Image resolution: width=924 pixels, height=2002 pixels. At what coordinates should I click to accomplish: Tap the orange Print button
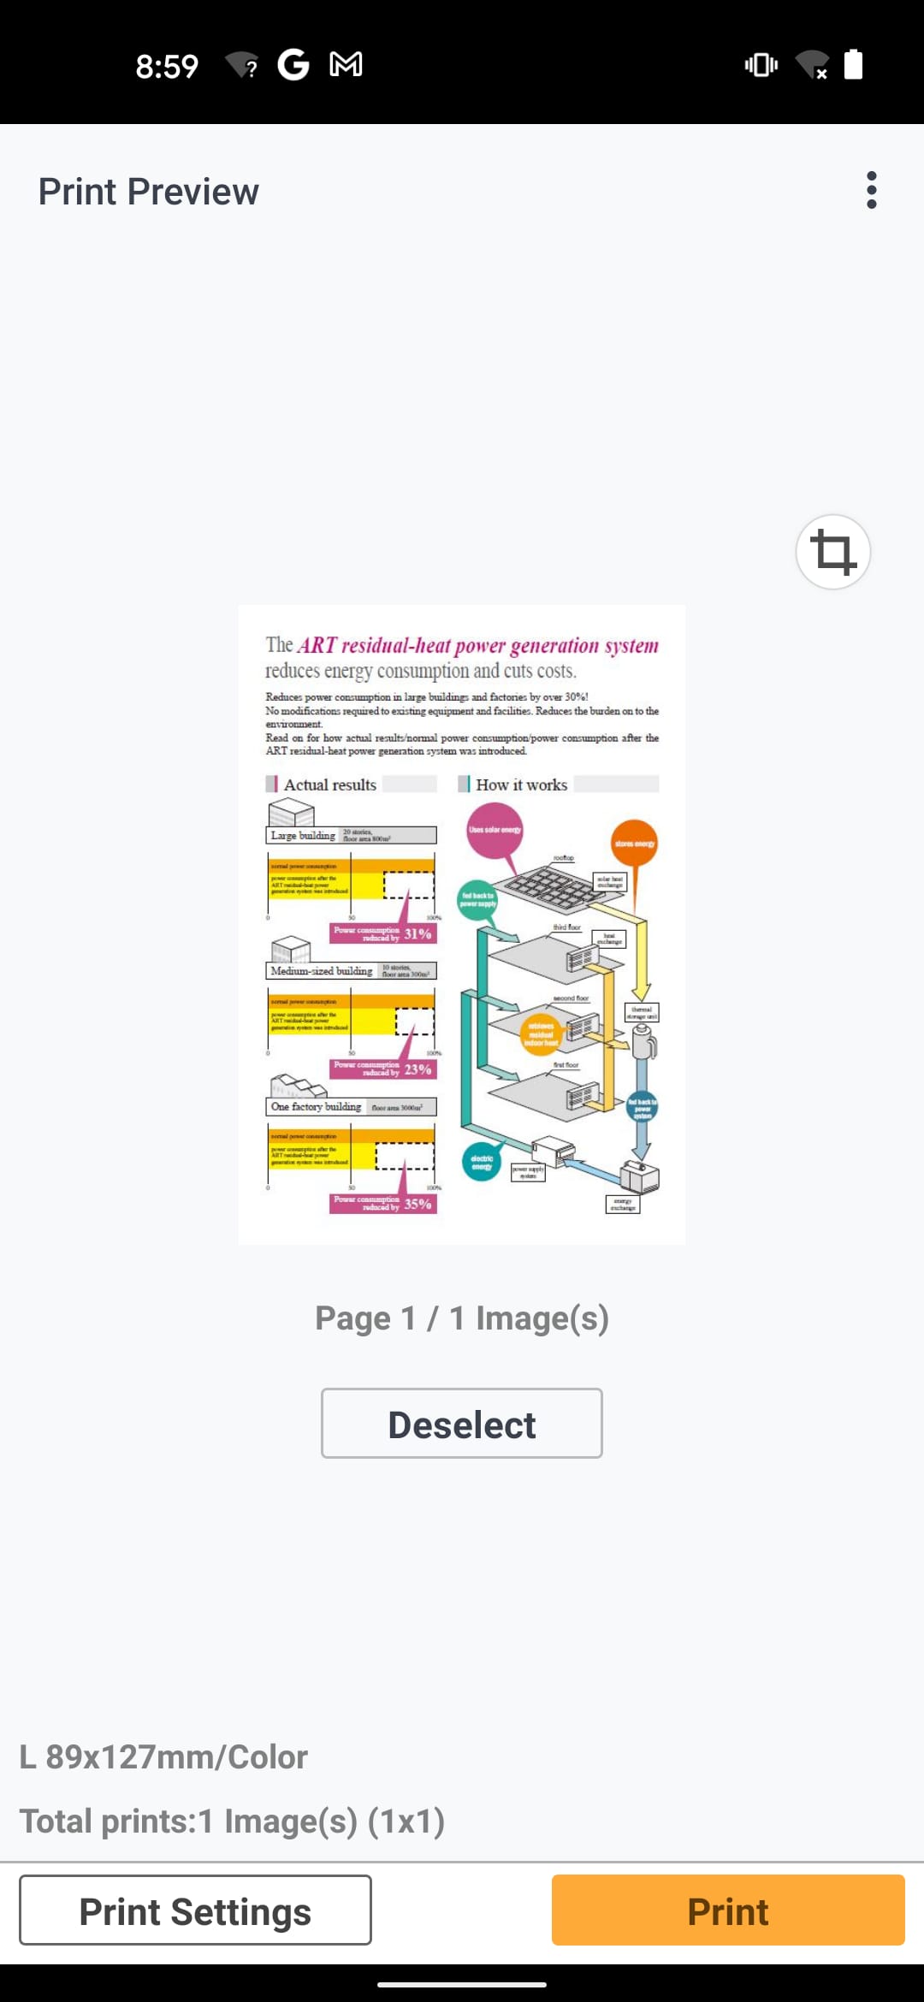tap(728, 1910)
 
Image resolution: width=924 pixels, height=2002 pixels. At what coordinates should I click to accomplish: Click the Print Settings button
tap(195, 1910)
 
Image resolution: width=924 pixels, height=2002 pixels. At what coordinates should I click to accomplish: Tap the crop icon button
tap(832, 552)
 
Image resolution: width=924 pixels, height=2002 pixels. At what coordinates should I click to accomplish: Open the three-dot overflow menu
tap(871, 190)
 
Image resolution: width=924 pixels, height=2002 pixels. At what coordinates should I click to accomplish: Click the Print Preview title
tap(149, 192)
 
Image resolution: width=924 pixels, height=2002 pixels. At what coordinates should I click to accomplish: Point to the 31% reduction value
tap(418, 933)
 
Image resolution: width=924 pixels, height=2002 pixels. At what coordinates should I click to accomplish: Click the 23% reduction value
tap(418, 1069)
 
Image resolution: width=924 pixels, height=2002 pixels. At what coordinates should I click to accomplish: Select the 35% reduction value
tap(418, 1204)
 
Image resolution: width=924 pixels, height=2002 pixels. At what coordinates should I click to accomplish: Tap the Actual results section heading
tap(329, 785)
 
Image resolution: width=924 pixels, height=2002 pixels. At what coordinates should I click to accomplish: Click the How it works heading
tap(521, 785)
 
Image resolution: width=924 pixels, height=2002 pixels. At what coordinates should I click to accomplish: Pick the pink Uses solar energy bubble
tap(495, 830)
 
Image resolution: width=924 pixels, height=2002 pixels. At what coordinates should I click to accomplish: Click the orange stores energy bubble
tap(634, 844)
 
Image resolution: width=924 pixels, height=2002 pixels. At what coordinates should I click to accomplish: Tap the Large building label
tap(303, 836)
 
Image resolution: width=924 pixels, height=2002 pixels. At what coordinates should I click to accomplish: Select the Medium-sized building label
tap(322, 971)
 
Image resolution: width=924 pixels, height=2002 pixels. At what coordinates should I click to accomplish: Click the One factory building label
tap(316, 1106)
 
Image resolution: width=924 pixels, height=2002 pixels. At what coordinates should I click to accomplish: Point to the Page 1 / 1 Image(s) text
tap(462, 1318)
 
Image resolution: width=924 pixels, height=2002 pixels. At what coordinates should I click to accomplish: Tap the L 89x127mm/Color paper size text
tap(163, 1757)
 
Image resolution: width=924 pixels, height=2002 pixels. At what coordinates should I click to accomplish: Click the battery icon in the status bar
tap(853, 65)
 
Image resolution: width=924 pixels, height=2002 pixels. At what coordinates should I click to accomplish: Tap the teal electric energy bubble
tap(482, 1162)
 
